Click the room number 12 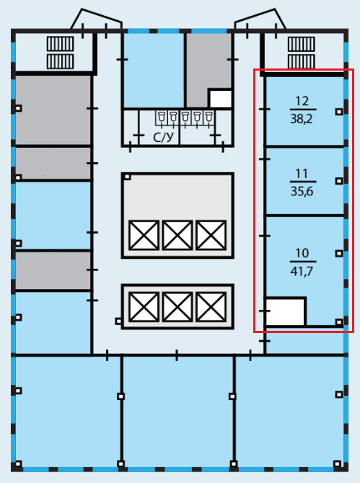pyautogui.click(x=302, y=101)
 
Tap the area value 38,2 pyautogui.click(x=302, y=119)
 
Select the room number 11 pyautogui.click(x=302, y=174)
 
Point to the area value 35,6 pyautogui.click(x=302, y=191)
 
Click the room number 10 pyautogui.click(x=302, y=253)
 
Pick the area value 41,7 pyautogui.click(x=302, y=271)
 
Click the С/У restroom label pyautogui.click(x=163, y=138)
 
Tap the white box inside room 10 pyautogui.click(x=286, y=311)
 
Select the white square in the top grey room pyautogui.click(x=220, y=98)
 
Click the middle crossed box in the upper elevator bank pyautogui.click(x=177, y=235)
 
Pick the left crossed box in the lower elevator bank pyautogui.click(x=144, y=307)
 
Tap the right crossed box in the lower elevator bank pyautogui.click(x=211, y=307)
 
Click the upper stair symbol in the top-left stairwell pyautogui.click(x=61, y=44)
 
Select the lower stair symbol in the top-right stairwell pyautogui.click(x=302, y=61)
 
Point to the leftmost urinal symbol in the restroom pyautogui.click(x=162, y=118)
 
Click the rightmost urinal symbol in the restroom pyautogui.click(x=208, y=118)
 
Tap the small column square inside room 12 pyautogui.click(x=339, y=112)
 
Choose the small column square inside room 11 pyautogui.click(x=339, y=181)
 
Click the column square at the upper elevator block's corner pyautogui.click(x=127, y=177)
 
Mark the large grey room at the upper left pyautogui.click(x=53, y=110)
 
